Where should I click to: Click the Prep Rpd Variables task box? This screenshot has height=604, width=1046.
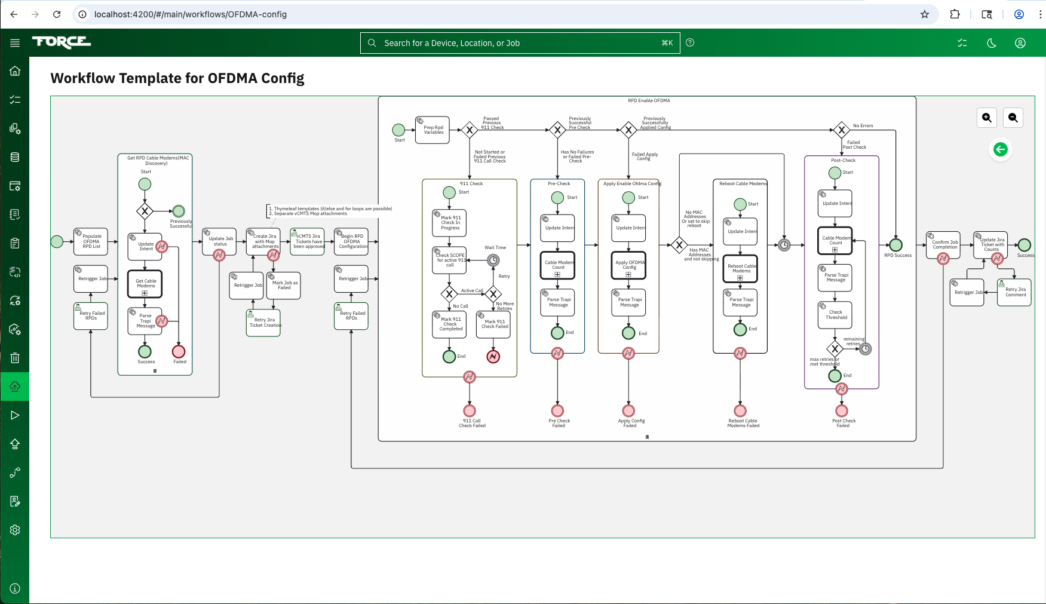point(432,130)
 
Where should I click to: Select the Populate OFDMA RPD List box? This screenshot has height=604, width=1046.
point(91,241)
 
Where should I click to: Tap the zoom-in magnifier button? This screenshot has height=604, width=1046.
point(987,118)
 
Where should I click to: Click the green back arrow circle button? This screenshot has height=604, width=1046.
point(1001,149)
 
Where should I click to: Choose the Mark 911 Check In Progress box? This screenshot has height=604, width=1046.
point(450,223)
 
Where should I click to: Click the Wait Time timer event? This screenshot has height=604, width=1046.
point(493,260)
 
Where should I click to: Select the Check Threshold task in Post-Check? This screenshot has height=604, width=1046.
point(835,315)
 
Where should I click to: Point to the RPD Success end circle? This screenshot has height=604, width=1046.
point(895,245)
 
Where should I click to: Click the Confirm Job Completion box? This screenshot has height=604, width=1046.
point(943,244)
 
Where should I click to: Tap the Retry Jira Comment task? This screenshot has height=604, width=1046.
point(1014,292)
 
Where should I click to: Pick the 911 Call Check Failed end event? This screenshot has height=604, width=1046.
point(470,411)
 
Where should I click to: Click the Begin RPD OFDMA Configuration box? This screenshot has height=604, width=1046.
point(352,241)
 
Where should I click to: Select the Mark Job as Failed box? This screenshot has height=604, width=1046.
point(284,286)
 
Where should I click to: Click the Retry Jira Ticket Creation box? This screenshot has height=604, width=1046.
point(263,323)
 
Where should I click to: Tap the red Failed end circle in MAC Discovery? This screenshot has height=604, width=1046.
point(179,351)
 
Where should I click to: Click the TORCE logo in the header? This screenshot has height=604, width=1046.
point(62,42)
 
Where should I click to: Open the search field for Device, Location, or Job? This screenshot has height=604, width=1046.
point(520,43)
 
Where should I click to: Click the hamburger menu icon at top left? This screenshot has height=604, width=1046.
point(15,42)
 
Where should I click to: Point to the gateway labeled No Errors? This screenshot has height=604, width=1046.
point(841,130)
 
